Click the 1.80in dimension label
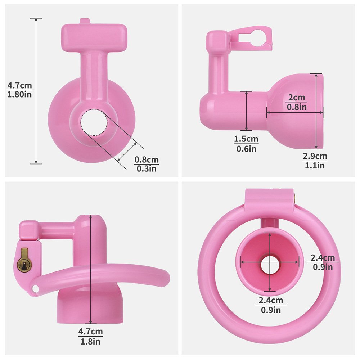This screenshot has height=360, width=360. pyautogui.click(x=19, y=94)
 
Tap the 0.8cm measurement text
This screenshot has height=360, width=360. pyautogui.click(x=147, y=159)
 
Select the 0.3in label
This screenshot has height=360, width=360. pyautogui.click(x=147, y=169)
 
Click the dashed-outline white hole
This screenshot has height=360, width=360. pyautogui.click(x=94, y=122)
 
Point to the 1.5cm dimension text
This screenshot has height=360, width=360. pyautogui.click(x=246, y=139)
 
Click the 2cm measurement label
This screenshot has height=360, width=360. pyautogui.click(x=297, y=98)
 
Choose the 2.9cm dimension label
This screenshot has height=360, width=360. pyautogui.click(x=315, y=156)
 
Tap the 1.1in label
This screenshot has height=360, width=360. pyautogui.click(x=315, y=166)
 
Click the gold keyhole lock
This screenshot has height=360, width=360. pyautogui.click(x=24, y=261)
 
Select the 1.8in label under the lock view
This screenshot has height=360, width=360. pyautogui.click(x=90, y=341)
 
